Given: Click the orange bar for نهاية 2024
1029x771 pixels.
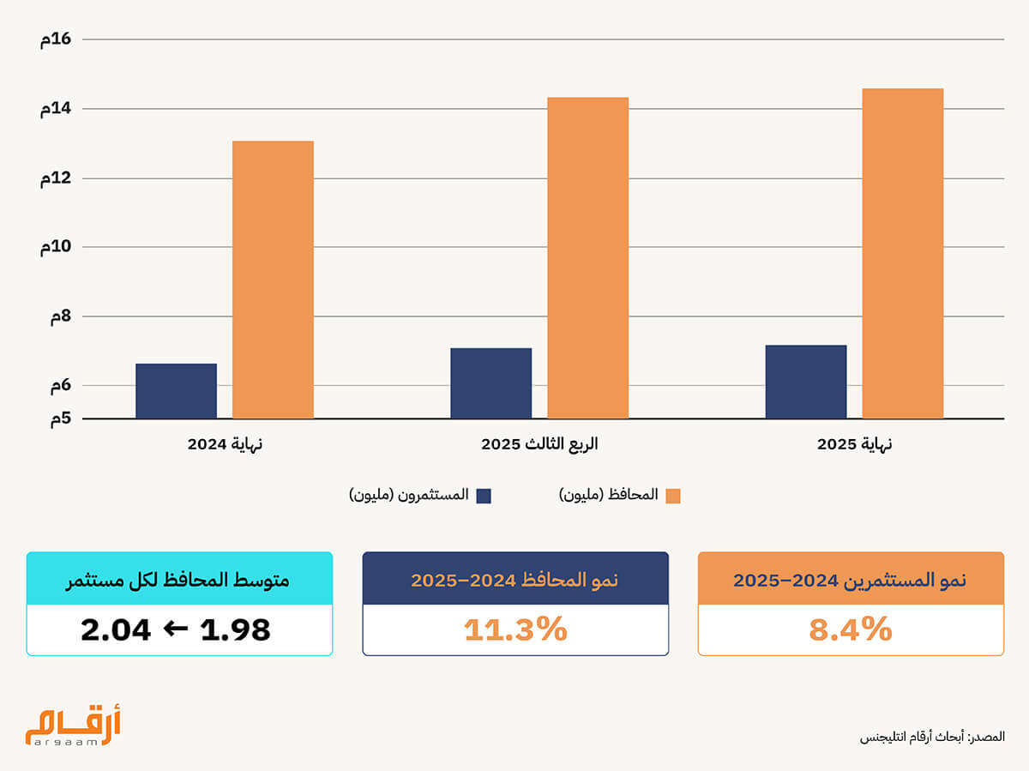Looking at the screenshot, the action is click(x=273, y=280).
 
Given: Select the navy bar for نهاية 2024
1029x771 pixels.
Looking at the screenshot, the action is click(x=177, y=391).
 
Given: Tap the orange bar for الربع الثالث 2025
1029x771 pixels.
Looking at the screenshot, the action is click(x=588, y=258).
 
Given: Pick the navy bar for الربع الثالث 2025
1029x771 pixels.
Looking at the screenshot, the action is click(x=490, y=383).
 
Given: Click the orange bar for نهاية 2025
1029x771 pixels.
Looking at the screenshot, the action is click(x=902, y=254).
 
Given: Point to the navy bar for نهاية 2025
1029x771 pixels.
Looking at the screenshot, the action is click(x=806, y=382).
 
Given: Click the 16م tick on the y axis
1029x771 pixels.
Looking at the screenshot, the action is click(x=56, y=39).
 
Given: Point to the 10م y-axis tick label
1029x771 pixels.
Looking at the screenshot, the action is click(x=56, y=247).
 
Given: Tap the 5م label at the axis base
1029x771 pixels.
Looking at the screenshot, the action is click(x=61, y=419).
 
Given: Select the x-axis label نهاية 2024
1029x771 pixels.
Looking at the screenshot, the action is click(x=225, y=444).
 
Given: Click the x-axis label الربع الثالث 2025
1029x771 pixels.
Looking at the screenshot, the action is click(x=539, y=444).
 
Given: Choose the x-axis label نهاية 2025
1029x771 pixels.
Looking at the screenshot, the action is click(x=855, y=444).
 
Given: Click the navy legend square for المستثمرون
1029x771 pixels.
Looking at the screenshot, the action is click(x=484, y=496).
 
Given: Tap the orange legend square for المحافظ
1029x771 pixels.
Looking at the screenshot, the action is click(x=673, y=496).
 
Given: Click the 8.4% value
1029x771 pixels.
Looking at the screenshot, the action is click(x=851, y=629).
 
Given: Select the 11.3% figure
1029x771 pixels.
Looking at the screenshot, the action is click(x=515, y=629).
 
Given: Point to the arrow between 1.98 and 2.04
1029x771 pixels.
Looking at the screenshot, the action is click(x=175, y=629).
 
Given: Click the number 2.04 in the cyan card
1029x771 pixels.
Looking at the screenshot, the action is click(x=116, y=629).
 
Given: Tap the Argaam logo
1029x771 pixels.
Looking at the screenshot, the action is click(x=73, y=725).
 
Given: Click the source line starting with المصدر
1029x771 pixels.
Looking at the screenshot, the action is click(x=932, y=738).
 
